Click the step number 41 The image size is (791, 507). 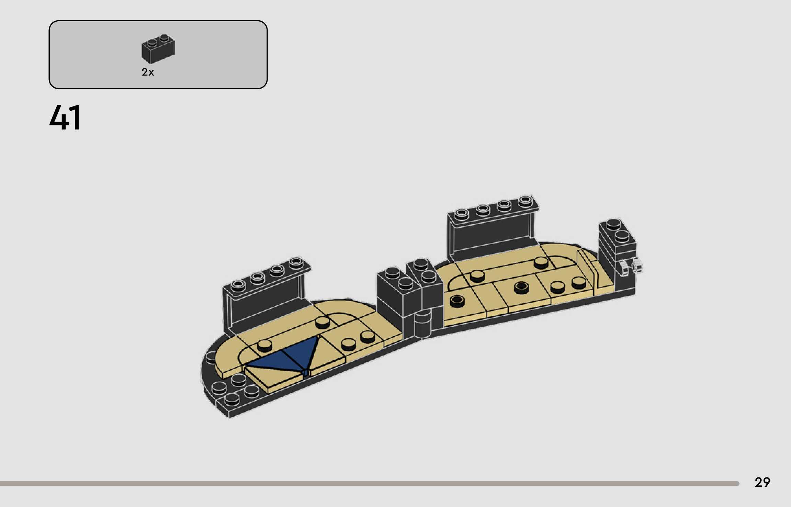pos(65,117)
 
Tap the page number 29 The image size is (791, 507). pos(762,482)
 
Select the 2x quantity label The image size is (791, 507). pos(148,72)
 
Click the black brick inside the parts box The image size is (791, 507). pos(158,49)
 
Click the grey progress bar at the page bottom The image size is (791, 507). pos(370,484)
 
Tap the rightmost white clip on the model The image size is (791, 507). pos(637,265)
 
